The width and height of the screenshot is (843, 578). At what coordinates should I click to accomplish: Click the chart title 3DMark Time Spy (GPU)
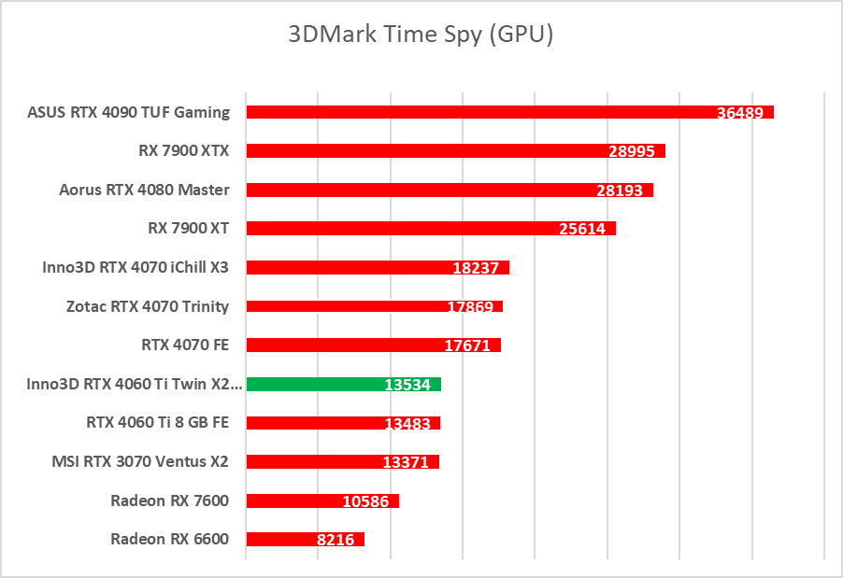(x=421, y=35)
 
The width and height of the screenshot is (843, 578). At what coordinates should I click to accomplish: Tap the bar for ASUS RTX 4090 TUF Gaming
(x=467, y=112)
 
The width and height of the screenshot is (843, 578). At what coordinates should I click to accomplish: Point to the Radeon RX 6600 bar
(x=280, y=539)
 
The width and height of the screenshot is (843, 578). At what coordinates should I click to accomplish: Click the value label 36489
(x=740, y=113)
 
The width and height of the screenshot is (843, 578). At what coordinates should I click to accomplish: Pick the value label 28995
(x=632, y=151)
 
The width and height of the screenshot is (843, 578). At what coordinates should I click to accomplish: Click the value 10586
(x=365, y=501)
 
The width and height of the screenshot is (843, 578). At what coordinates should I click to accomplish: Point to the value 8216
(x=336, y=540)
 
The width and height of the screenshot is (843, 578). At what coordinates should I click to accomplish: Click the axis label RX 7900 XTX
(x=183, y=150)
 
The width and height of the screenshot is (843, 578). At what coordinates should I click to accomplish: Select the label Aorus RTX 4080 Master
(x=144, y=190)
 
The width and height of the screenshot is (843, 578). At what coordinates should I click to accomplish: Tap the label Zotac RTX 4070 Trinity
(x=148, y=305)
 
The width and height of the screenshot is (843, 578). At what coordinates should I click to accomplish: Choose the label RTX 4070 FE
(x=185, y=345)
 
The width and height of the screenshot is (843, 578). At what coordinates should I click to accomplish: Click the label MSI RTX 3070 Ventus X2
(x=140, y=460)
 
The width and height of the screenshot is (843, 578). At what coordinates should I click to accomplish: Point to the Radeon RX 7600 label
(x=169, y=500)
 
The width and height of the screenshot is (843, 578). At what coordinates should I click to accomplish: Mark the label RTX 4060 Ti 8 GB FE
(x=157, y=421)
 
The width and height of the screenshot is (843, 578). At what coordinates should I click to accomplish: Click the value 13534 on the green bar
(x=407, y=385)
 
